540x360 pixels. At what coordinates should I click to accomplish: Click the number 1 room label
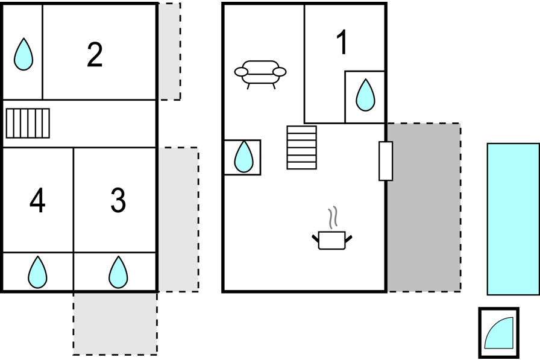pyautogui.click(x=342, y=42)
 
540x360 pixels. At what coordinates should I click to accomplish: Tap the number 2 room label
pyautogui.click(x=95, y=54)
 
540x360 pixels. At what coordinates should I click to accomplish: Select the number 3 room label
pyautogui.click(x=118, y=200)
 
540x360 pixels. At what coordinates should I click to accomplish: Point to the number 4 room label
pyautogui.click(x=37, y=200)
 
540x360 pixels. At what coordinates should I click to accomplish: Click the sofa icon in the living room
pyautogui.click(x=260, y=74)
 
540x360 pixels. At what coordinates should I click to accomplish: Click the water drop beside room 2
pyautogui.click(x=24, y=54)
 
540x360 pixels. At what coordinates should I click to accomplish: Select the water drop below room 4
pyautogui.click(x=37, y=272)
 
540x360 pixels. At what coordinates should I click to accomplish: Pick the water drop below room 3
pyautogui.click(x=118, y=272)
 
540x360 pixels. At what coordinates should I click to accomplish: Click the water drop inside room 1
pyautogui.click(x=365, y=95)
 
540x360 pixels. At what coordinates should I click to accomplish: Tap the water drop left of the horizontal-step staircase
pyautogui.click(x=243, y=157)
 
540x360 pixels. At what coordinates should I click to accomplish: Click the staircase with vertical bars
pyautogui.click(x=28, y=124)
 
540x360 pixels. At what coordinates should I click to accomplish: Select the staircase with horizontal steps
pyautogui.click(x=302, y=148)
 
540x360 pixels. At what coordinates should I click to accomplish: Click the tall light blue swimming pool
pyautogui.click(x=513, y=219)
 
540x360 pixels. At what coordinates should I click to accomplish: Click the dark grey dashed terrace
pyautogui.click(x=424, y=207)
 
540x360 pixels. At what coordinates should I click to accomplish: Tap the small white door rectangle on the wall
pyautogui.click(x=386, y=161)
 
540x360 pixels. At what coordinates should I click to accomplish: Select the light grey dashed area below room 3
pyautogui.click(x=115, y=323)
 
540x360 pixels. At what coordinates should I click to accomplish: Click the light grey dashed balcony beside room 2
pyautogui.click(x=169, y=51)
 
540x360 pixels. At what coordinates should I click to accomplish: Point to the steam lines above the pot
pyautogui.click(x=333, y=217)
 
